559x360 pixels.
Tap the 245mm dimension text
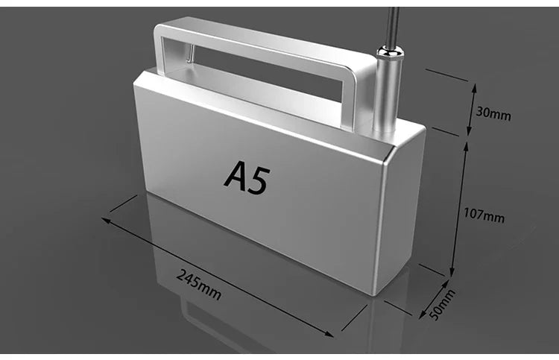click(199, 282)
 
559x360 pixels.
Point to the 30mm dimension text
click(493, 114)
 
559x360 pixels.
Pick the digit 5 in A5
click(257, 181)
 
